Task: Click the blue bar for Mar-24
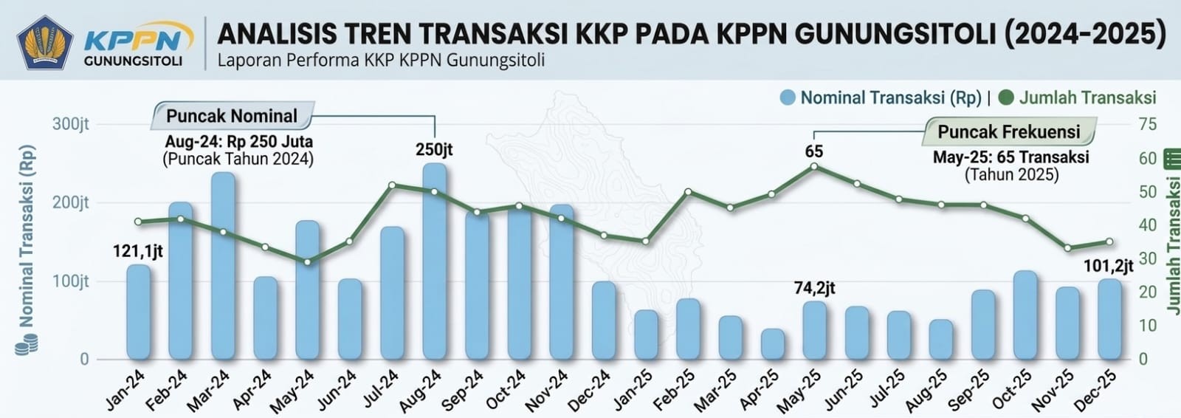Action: tap(223, 266)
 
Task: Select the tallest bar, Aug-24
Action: tap(435, 262)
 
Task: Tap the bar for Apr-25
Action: tap(773, 344)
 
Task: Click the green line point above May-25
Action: tap(814, 167)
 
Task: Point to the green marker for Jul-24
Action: tap(392, 185)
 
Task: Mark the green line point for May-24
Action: tap(308, 261)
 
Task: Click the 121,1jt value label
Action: tap(138, 252)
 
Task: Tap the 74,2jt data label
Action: tap(814, 288)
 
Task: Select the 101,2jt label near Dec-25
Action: tap(1109, 266)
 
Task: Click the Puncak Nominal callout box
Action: tap(233, 116)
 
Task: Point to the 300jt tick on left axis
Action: tap(71, 124)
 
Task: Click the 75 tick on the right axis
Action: tap(1148, 124)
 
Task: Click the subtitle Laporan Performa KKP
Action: tap(381, 61)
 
